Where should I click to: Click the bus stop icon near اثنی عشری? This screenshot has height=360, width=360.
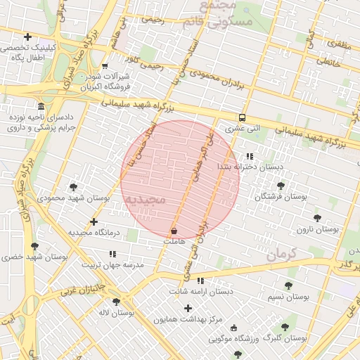tap(242, 118)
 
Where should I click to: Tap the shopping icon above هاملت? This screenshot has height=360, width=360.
tap(174, 231)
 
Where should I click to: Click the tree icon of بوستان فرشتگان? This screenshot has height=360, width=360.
tap(281, 186)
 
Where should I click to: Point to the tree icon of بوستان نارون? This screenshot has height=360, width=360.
tap(317, 218)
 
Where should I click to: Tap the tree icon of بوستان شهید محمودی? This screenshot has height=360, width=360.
tap(73, 187)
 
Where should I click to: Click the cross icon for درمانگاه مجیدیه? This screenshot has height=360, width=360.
tap(94, 221)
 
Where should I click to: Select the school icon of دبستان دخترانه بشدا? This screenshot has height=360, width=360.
tap(250, 156)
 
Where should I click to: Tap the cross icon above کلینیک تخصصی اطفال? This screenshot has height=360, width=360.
tap(27, 37)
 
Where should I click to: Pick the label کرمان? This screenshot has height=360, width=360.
tap(283, 254)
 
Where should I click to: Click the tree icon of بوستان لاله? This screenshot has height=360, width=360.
tap(116, 302)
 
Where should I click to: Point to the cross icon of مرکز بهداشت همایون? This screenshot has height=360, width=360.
tap(188, 308)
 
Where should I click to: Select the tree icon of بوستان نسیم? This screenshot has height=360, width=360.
tap(288, 285)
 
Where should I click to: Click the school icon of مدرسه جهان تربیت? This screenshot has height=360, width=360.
tap(112, 254)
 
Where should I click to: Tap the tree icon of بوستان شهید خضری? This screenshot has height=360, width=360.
tap(34, 246)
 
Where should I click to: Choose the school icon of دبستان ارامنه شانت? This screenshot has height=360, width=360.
tap(200, 281)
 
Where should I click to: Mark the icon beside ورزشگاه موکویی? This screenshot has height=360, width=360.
tap(233, 328)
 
